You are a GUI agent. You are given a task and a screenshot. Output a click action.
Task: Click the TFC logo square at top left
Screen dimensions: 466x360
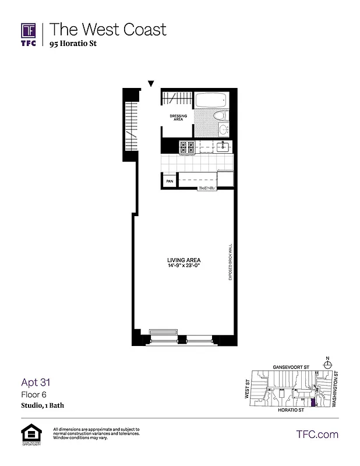(29, 31)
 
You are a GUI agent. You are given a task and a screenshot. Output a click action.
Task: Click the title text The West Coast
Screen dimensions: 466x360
(108, 29)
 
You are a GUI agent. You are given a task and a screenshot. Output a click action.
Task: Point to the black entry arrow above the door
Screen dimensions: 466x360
(151, 83)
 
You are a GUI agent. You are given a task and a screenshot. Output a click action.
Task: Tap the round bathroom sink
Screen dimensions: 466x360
(223, 129)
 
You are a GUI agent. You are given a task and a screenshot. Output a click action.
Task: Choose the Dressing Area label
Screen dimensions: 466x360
(178, 118)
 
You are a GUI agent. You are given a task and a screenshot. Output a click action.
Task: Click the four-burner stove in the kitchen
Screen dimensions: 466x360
(186, 148)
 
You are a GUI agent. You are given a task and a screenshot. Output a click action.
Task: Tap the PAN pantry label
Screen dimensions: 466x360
(170, 182)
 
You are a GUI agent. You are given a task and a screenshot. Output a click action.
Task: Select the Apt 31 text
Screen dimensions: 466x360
(36, 383)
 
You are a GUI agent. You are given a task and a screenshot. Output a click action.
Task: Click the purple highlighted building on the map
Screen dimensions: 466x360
(313, 403)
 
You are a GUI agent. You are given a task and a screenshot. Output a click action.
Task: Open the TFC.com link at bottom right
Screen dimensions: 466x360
(317, 434)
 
